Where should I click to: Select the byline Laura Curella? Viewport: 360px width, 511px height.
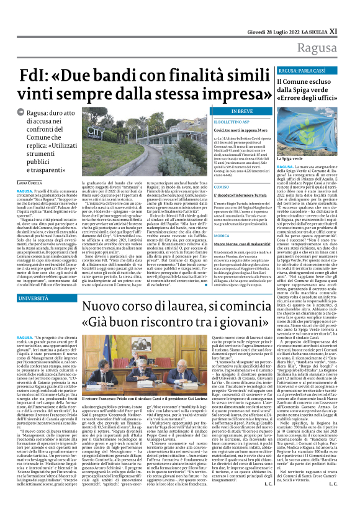point(30,181)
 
